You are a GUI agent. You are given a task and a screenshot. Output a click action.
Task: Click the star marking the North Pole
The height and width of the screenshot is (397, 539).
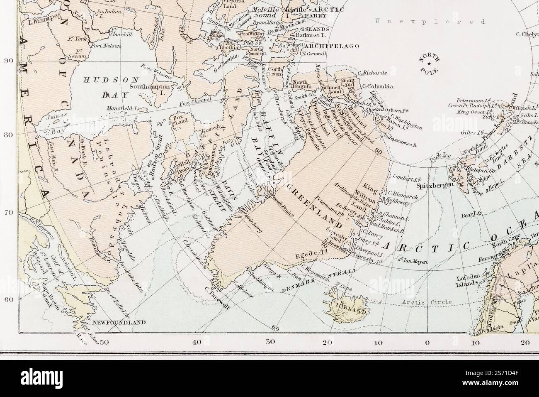[428, 63]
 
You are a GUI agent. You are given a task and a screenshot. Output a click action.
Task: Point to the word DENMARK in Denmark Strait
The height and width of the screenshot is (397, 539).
[296, 285]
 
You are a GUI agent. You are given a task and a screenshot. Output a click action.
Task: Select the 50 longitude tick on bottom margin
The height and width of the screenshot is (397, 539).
[104, 343]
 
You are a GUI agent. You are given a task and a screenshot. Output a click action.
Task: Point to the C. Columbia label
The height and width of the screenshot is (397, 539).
[377, 86]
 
